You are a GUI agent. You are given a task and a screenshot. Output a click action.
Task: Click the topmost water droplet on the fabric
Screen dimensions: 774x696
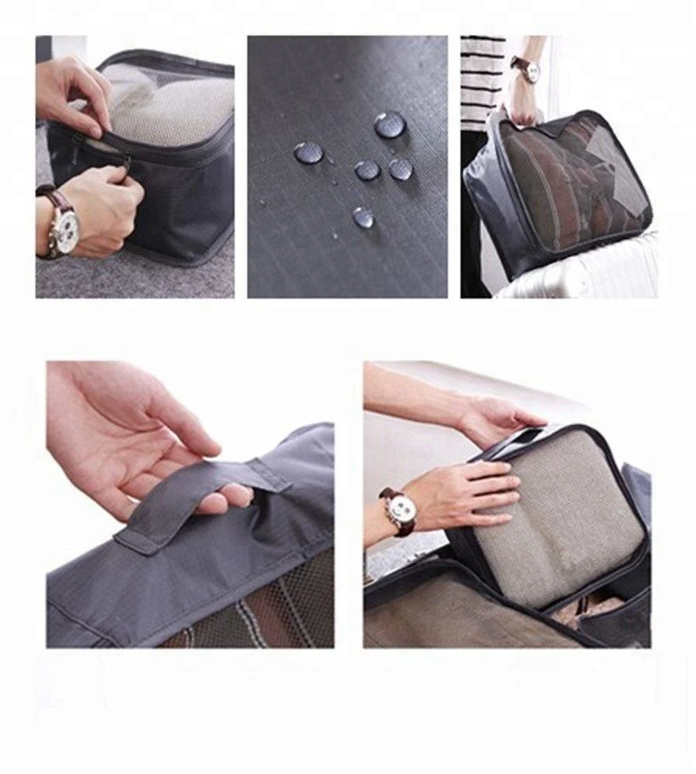pos(390,125)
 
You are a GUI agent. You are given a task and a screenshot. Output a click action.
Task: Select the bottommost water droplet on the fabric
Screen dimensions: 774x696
pos(362,217)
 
